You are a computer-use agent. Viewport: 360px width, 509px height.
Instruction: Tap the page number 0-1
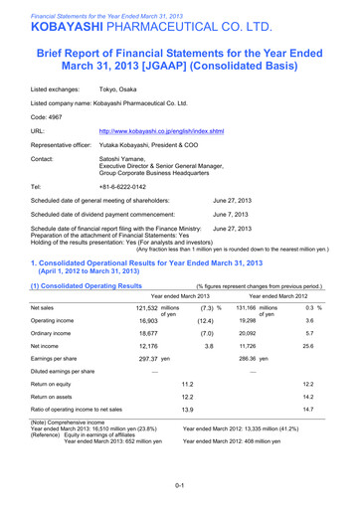[x=179, y=485]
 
